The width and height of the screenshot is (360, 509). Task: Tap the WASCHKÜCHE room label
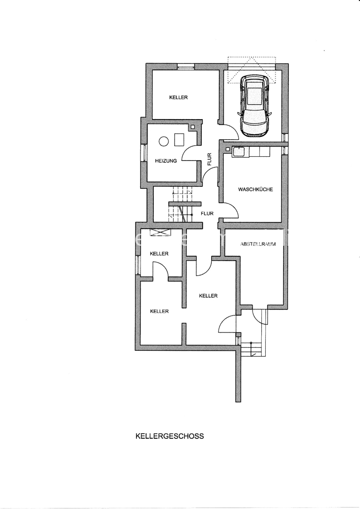[x=256, y=189]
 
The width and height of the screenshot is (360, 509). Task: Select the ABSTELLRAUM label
[x=258, y=244]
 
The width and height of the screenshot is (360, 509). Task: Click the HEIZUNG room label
[x=166, y=161]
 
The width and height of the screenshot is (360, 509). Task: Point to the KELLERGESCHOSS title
[x=170, y=436]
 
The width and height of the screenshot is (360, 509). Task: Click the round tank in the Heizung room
[x=163, y=141]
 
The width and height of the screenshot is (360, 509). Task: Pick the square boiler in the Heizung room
[x=179, y=139]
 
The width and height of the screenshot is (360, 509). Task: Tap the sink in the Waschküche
[x=239, y=152]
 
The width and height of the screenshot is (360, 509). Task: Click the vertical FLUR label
[x=209, y=159]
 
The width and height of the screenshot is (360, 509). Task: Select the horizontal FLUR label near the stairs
[x=207, y=214]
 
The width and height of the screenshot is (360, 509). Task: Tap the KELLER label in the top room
[x=179, y=97]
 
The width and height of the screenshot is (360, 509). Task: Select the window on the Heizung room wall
[x=143, y=153]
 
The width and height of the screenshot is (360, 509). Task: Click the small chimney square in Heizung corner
[x=193, y=127]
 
